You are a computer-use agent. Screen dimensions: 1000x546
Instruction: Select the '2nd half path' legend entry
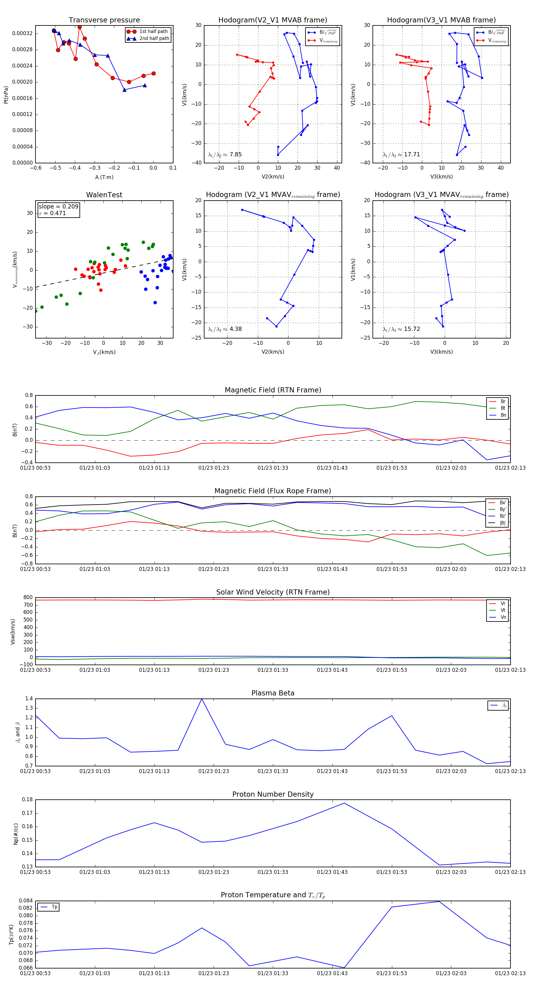(154, 38)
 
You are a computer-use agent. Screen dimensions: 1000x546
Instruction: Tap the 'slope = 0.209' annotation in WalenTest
(58, 207)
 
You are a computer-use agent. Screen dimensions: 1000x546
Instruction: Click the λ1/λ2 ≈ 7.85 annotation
(224, 155)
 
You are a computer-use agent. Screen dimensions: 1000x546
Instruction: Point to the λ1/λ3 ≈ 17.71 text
(401, 155)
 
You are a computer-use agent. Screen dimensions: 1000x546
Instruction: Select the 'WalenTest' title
(104, 195)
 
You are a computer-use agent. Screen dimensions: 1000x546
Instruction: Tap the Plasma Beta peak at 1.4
(202, 699)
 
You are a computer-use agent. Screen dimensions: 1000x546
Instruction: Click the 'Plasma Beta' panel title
(273, 693)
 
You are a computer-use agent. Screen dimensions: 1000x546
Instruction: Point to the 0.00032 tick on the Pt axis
(22, 33)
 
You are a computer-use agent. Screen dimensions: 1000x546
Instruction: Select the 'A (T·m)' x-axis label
(104, 177)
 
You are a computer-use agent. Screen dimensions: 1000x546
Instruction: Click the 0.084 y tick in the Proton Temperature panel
(26, 901)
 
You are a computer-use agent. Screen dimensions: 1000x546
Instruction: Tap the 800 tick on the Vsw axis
(28, 598)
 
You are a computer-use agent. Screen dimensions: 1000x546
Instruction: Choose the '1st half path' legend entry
(153, 32)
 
